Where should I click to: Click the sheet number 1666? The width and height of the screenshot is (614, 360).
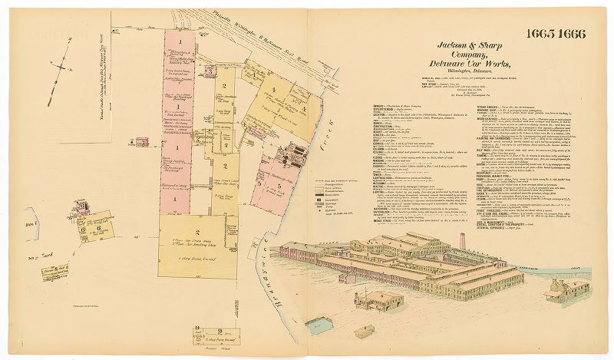tap(572, 35)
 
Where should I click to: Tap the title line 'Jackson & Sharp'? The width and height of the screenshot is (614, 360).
tap(470, 47)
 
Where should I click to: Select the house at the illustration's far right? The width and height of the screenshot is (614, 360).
tap(567, 290)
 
